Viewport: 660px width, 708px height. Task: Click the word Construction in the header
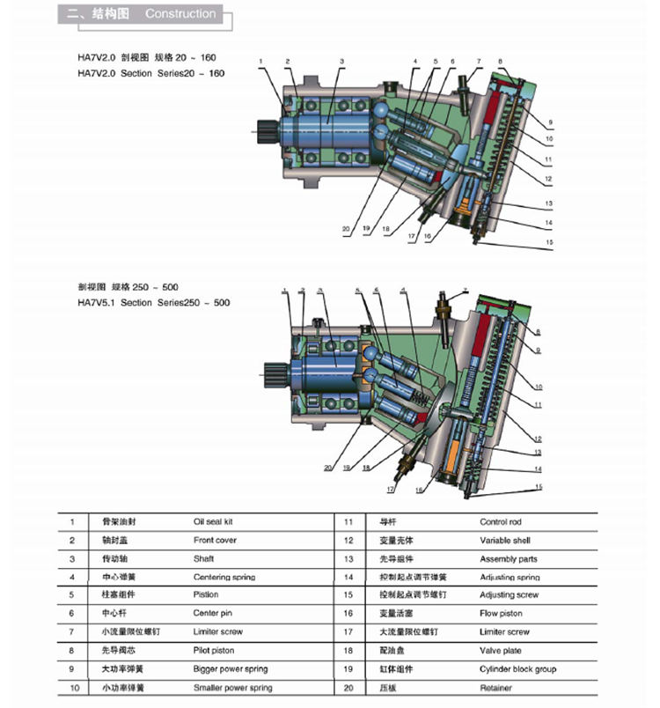click(180, 14)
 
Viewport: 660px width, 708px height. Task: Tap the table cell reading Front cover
click(215, 540)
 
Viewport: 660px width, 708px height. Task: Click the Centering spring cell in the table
click(224, 577)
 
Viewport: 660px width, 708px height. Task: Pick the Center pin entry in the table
click(212, 613)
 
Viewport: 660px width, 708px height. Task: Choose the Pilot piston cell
click(214, 650)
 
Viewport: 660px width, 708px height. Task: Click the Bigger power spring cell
click(231, 669)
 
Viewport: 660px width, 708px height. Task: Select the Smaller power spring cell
click(232, 688)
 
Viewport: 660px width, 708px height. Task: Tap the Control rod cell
click(500, 521)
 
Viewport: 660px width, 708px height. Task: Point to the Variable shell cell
click(504, 540)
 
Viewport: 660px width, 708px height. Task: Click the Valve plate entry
click(500, 650)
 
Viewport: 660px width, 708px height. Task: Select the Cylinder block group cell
click(517, 669)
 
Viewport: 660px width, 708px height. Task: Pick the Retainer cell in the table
click(496, 688)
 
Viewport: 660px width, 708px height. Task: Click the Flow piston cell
click(500, 613)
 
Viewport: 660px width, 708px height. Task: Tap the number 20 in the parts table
click(348, 688)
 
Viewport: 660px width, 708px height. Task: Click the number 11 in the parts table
click(348, 521)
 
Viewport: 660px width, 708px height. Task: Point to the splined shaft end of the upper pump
click(263, 132)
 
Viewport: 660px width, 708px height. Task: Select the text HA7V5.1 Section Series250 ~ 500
click(154, 303)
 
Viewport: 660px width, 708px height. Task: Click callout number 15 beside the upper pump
click(550, 243)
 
